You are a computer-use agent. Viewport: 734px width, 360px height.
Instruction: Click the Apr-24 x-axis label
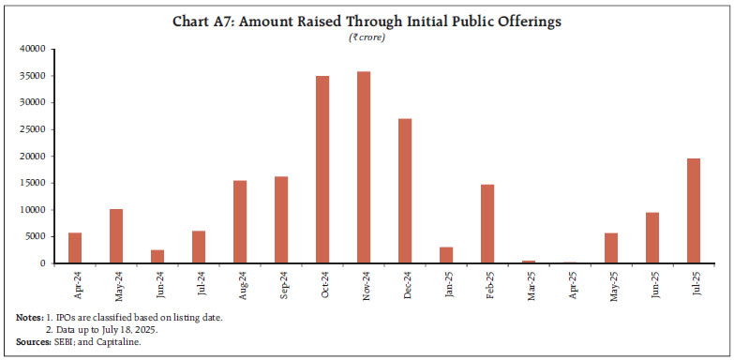[x=75, y=283]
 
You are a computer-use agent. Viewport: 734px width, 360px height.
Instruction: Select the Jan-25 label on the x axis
[x=446, y=283]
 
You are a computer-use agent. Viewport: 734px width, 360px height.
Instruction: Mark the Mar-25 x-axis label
[x=529, y=283]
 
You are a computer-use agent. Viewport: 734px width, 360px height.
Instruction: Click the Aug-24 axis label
[x=240, y=283]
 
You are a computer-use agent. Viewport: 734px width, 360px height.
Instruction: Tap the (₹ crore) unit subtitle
[x=367, y=37]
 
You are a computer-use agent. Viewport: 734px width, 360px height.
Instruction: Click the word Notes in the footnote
[x=29, y=319]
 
